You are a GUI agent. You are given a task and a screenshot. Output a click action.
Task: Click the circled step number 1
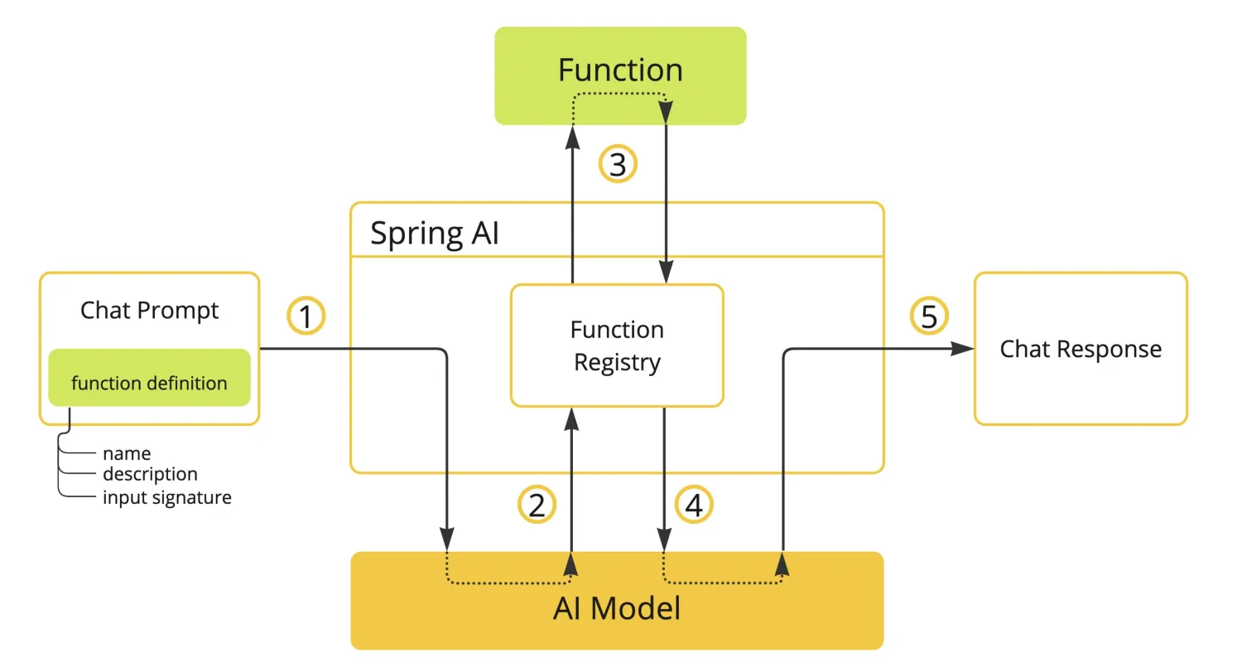306,317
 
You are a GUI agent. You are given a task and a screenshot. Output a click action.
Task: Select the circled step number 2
537,505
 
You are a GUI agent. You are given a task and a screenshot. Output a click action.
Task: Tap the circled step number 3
618,165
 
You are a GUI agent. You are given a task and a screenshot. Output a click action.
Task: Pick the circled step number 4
694,505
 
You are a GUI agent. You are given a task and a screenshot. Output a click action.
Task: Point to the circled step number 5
929,317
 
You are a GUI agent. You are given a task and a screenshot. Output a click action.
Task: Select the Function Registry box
617,346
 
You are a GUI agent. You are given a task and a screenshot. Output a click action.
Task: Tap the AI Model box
617,610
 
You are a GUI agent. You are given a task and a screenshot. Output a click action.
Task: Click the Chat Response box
1081,349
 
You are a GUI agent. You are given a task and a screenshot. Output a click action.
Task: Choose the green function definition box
149,382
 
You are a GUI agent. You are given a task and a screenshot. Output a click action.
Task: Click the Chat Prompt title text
149,311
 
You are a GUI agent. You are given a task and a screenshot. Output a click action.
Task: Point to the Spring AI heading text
435,234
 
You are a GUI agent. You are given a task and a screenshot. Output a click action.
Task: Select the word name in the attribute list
126,453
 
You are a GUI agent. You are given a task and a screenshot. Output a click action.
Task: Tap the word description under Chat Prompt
150,474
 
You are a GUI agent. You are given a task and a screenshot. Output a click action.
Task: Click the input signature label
166,498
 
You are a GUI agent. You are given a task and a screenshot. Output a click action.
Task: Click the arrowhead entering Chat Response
963,349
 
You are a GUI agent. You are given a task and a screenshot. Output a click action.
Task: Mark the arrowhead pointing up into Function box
571,137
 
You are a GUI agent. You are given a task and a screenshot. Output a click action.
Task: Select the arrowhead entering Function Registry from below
571,418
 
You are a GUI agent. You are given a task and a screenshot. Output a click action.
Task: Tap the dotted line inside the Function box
620,94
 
